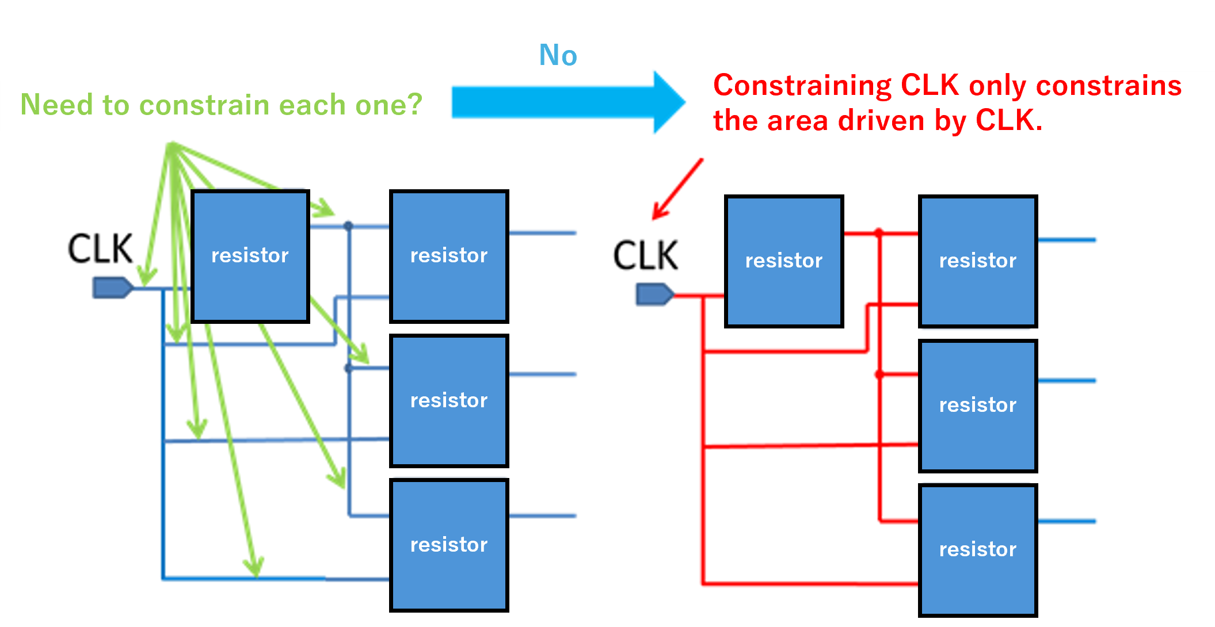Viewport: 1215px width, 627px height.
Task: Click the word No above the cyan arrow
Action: point(558,55)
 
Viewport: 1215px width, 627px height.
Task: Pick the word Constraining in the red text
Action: point(802,86)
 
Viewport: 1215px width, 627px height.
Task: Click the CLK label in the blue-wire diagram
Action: point(100,248)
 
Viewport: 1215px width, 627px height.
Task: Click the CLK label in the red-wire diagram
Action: point(645,255)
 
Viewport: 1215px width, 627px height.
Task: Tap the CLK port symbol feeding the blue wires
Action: point(112,288)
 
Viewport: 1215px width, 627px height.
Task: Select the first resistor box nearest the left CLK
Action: point(250,256)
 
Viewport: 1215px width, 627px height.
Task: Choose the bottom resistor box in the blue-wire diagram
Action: point(449,545)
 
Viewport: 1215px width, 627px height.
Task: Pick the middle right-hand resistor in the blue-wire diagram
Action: point(449,400)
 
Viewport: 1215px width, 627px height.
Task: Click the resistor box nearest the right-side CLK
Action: point(783,261)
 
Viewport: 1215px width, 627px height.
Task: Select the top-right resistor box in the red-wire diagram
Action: point(977,261)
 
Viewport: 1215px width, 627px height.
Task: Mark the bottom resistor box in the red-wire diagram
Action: point(977,550)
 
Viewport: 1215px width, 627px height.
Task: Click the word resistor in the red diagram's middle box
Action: point(977,405)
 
